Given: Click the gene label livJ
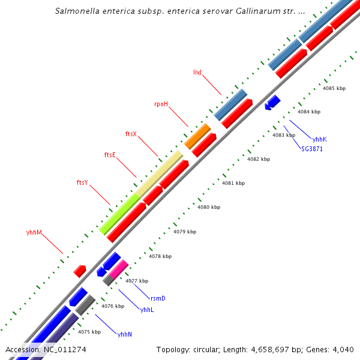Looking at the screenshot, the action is point(197,72).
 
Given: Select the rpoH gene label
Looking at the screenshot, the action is point(161,104).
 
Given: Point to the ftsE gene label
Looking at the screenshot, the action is point(110,155).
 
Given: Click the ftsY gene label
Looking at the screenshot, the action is point(82,182).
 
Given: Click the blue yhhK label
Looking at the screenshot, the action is point(319,139).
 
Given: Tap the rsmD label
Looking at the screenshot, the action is point(158,298).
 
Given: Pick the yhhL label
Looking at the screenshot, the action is point(147,310).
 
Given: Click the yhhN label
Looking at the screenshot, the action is point(125,334).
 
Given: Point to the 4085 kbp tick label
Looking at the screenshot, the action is point(334,88).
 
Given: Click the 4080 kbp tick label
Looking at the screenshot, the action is point(209,207).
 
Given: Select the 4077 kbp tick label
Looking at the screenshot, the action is point(136,280).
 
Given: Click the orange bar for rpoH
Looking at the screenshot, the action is point(197,136).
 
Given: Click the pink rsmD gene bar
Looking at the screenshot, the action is point(118,268).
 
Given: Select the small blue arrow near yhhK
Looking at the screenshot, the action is point(272,102).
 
